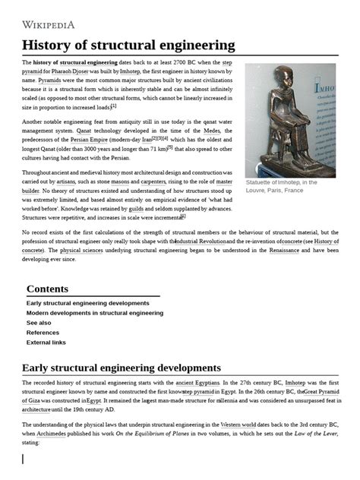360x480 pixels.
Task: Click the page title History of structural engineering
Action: (x=128, y=45)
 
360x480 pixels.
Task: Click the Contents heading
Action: (x=52, y=289)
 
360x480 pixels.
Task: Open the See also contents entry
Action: (x=39, y=322)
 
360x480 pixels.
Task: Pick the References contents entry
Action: (x=43, y=332)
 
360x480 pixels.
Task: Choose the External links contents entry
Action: (x=46, y=342)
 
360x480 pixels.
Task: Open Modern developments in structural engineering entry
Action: (x=94, y=312)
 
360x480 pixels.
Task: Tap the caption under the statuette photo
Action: (x=280, y=187)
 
